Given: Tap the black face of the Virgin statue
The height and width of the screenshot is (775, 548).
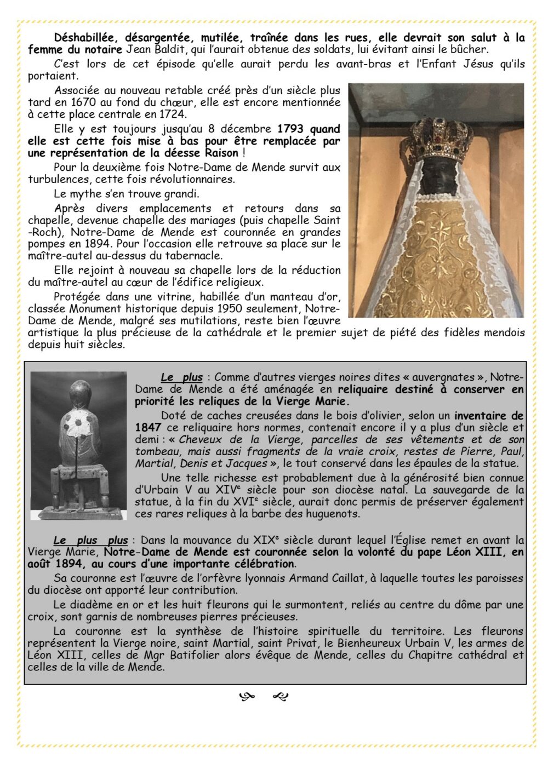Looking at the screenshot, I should coord(437,179).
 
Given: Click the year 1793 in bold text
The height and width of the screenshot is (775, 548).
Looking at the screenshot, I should coord(293,129).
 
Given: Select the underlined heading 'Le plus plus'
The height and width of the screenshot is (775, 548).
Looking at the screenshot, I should coord(90,540).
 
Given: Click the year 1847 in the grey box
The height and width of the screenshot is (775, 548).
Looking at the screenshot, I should coord(148,427).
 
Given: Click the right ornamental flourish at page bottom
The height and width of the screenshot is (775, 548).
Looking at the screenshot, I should coord(280,697).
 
